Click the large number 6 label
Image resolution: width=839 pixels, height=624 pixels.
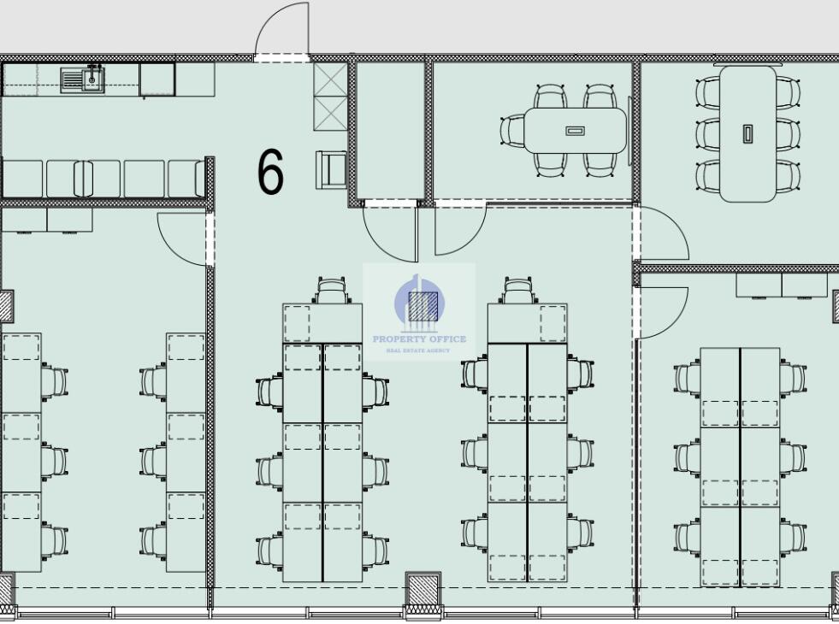click(270, 171)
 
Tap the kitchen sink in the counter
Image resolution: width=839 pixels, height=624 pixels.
click(82, 79)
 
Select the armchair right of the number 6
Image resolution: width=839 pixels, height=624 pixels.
click(331, 169)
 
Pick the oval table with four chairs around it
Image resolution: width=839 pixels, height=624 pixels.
click(576, 131)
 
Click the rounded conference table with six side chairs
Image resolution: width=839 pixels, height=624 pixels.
click(747, 133)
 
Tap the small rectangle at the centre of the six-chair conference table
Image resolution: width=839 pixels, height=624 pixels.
click(747, 133)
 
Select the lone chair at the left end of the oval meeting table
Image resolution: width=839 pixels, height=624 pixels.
click(512, 130)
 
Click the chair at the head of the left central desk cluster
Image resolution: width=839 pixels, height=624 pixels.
click(332, 291)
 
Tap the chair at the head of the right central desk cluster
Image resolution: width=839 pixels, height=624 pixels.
click(517, 291)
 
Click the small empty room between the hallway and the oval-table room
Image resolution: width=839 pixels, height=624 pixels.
click(390, 131)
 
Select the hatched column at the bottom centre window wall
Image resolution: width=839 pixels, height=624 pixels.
click(422, 592)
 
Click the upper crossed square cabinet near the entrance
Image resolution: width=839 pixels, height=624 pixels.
click(330, 79)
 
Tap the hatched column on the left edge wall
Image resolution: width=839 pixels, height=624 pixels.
click(7, 306)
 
